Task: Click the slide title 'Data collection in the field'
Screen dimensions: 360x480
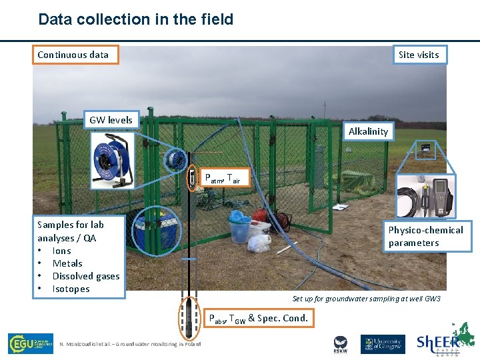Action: (x=136, y=19)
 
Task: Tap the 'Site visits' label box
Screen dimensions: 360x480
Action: (x=419, y=55)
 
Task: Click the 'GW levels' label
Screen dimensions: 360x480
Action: (x=111, y=120)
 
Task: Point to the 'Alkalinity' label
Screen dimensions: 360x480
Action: (x=368, y=131)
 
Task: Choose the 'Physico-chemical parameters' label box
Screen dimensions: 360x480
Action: (x=426, y=237)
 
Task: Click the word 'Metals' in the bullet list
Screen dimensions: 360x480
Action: (x=67, y=263)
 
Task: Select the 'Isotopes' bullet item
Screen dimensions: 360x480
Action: (x=71, y=289)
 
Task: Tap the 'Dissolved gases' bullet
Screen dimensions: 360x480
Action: (x=86, y=276)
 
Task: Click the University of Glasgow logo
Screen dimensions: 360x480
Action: (x=383, y=344)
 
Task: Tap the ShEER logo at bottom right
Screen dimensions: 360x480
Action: (x=446, y=341)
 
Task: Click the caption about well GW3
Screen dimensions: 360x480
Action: (x=367, y=299)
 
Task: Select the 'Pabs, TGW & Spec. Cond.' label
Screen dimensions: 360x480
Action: (x=259, y=318)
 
